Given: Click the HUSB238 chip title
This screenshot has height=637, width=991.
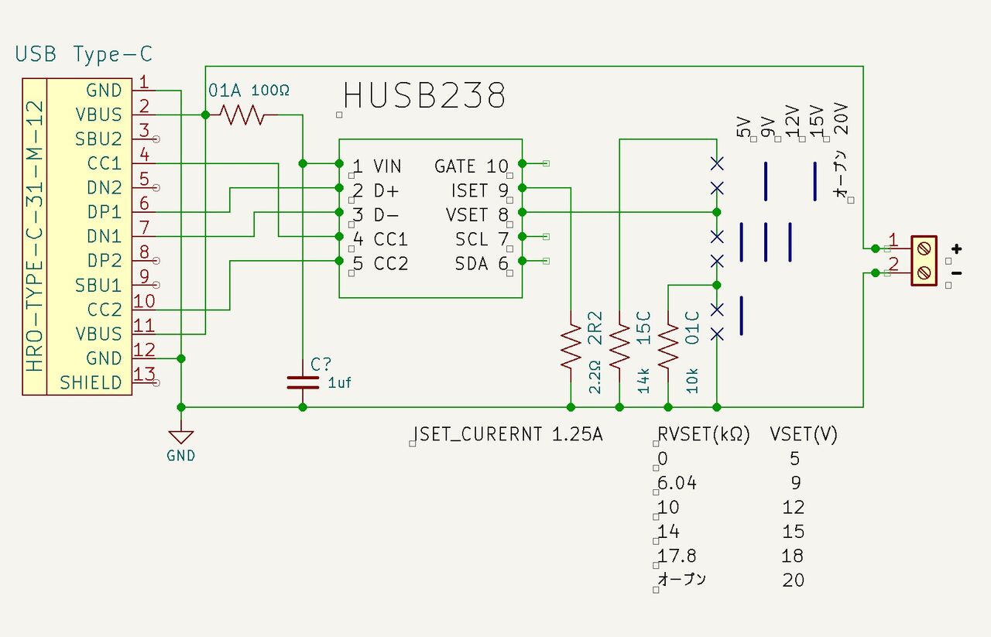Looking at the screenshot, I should [x=424, y=97].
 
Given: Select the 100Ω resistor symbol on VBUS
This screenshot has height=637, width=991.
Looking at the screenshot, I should [x=242, y=115].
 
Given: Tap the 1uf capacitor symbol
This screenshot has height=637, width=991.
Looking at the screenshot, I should [x=303, y=382].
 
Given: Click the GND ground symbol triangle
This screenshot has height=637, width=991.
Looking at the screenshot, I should [x=180, y=437].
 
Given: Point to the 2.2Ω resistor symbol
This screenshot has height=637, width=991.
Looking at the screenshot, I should [x=571, y=346].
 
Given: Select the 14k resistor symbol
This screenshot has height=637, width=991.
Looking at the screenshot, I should [x=619, y=346].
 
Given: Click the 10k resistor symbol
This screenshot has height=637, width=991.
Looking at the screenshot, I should [x=668, y=346].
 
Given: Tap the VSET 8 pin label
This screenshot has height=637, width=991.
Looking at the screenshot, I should [x=477, y=214].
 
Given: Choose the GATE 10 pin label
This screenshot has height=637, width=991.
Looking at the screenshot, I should [x=471, y=166].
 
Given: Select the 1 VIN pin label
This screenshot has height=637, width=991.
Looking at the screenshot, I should [x=377, y=166].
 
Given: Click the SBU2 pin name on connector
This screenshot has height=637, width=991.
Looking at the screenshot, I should [x=98, y=139].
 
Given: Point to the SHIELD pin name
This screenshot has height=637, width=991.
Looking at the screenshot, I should [x=91, y=383].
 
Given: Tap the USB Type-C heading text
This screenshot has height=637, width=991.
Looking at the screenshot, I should [x=84, y=54].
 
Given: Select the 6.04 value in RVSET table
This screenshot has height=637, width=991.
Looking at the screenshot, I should [x=677, y=483].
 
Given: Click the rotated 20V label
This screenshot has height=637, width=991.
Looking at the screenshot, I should [x=842, y=120].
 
